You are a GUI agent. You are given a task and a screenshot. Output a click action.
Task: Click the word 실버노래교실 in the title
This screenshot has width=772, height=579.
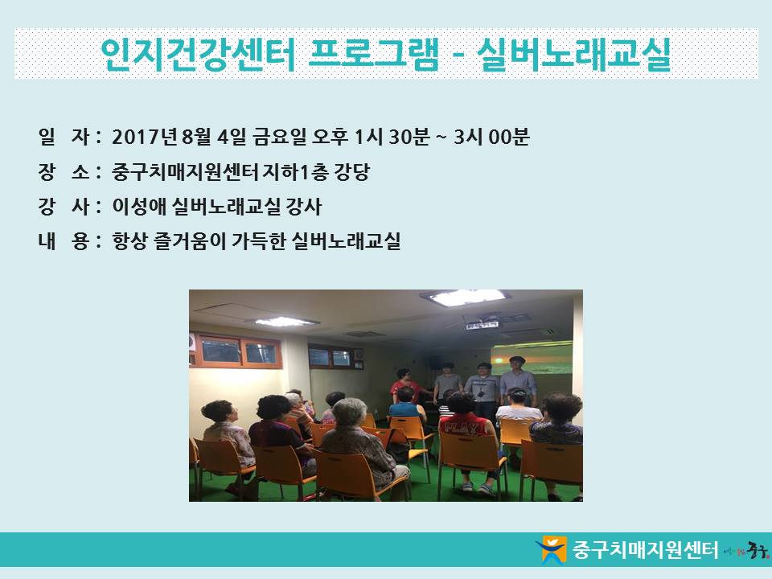click(573, 54)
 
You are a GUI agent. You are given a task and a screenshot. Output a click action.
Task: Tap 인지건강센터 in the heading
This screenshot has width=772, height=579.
click(198, 54)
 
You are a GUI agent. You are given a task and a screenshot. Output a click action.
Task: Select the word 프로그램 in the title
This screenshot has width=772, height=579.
click(372, 53)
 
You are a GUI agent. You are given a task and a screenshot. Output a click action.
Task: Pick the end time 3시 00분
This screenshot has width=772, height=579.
click(491, 137)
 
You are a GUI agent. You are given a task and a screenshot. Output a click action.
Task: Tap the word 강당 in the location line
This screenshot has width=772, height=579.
click(351, 172)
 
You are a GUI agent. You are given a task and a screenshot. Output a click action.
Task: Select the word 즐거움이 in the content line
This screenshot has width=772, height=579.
click(190, 241)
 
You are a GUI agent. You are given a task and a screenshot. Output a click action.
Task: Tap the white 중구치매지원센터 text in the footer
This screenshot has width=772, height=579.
click(645, 549)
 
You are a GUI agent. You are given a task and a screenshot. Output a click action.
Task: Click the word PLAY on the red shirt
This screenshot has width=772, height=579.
click(461, 427)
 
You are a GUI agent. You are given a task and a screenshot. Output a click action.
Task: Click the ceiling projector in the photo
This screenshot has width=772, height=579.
click(482, 321)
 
